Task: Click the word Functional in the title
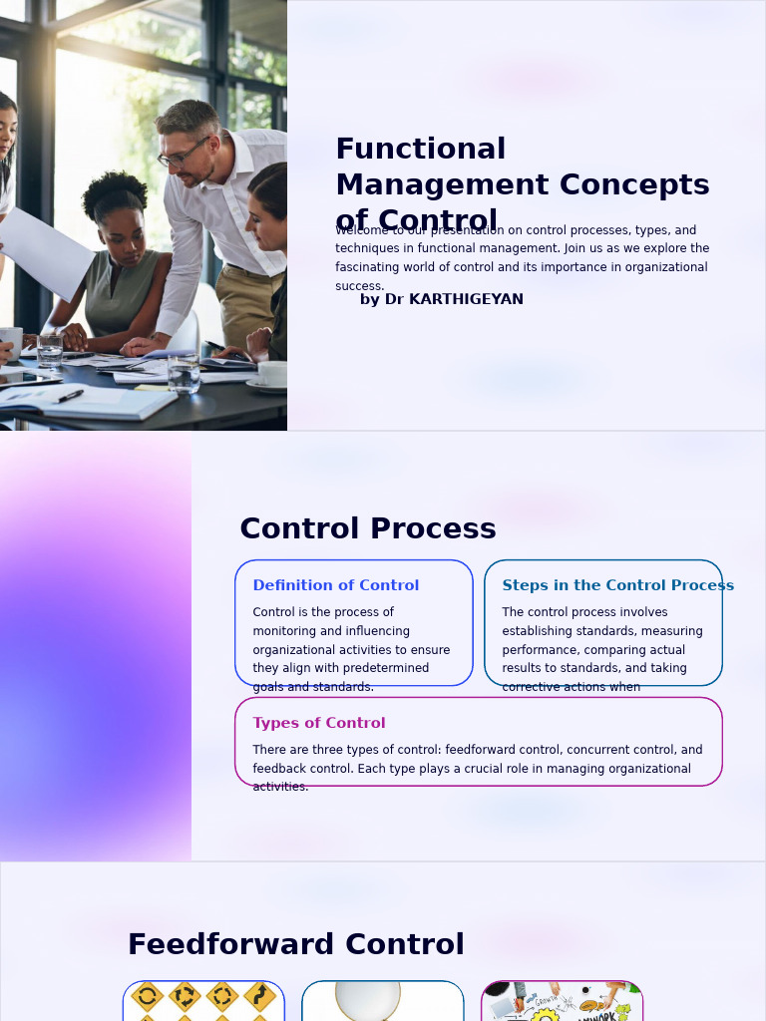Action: [x=420, y=149]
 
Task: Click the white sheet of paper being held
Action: [x=45, y=253]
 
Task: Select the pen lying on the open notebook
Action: [x=70, y=396]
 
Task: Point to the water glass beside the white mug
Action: [x=49, y=351]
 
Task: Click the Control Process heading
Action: [x=367, y=528]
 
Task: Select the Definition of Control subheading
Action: [x=335, y=585]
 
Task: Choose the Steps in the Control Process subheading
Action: [x=617, y=585]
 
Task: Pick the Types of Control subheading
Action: [x=318, y=723]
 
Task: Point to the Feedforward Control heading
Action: [x=295, y=944]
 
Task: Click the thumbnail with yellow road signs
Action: [x=203, y=1001]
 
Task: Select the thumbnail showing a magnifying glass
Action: [x=382, y=1001]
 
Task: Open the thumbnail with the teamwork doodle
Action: [x=562, y=1001]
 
